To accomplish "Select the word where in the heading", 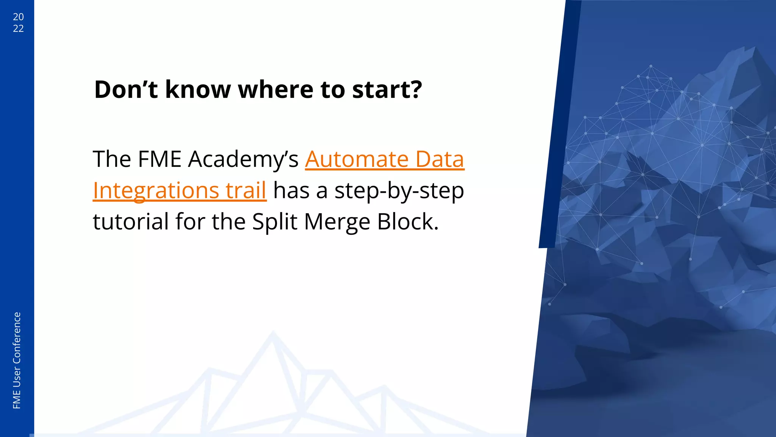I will [x=275, y=90].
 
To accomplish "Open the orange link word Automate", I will [x=357, y=159].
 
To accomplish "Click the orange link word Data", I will [x=440, y=159].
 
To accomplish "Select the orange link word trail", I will [x=246, y=190].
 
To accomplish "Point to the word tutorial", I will [x=131, y=222].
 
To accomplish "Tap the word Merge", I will [x=337, y=222].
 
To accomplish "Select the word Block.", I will [x=407, y=222].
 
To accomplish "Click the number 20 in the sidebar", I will [x=18, y=17].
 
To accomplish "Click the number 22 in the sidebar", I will [x=18, y=28].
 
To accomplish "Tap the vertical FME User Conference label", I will [x=17, y=360].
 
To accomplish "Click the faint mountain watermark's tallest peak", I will [x=273, y=334].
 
